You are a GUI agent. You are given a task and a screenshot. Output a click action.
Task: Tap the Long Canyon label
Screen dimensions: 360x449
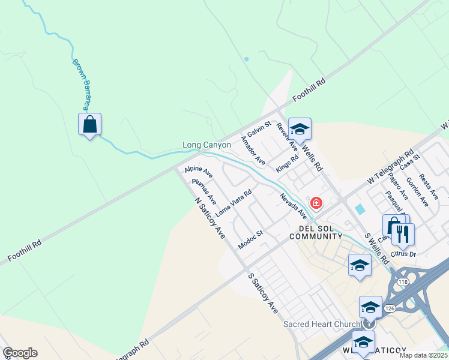point(206,145)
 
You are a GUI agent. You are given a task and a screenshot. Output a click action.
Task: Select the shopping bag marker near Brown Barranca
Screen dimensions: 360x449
point(89,125)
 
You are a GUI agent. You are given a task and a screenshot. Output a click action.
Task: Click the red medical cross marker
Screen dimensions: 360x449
point(316,203)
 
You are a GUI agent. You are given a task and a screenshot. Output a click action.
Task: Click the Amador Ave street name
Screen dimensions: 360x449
point(252,150)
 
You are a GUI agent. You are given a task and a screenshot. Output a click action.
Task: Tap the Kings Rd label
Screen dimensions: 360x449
point(287,164)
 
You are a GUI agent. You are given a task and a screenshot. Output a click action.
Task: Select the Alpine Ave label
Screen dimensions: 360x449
point(199,173)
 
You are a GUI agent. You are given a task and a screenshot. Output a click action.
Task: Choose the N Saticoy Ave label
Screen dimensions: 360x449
point(209,217)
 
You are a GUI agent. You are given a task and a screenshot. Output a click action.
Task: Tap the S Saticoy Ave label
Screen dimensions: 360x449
point(263,293)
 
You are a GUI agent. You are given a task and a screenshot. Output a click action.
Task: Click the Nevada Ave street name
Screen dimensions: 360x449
point(293,205)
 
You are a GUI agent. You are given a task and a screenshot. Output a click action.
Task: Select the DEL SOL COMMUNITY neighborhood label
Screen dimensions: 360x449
point(316,232)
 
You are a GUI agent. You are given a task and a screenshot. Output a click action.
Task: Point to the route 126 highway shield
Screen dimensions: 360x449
point(389,308)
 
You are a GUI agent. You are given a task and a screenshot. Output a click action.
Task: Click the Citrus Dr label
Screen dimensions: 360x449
point(403,254)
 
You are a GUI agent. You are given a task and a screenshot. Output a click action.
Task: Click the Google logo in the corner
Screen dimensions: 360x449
point(20,353)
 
